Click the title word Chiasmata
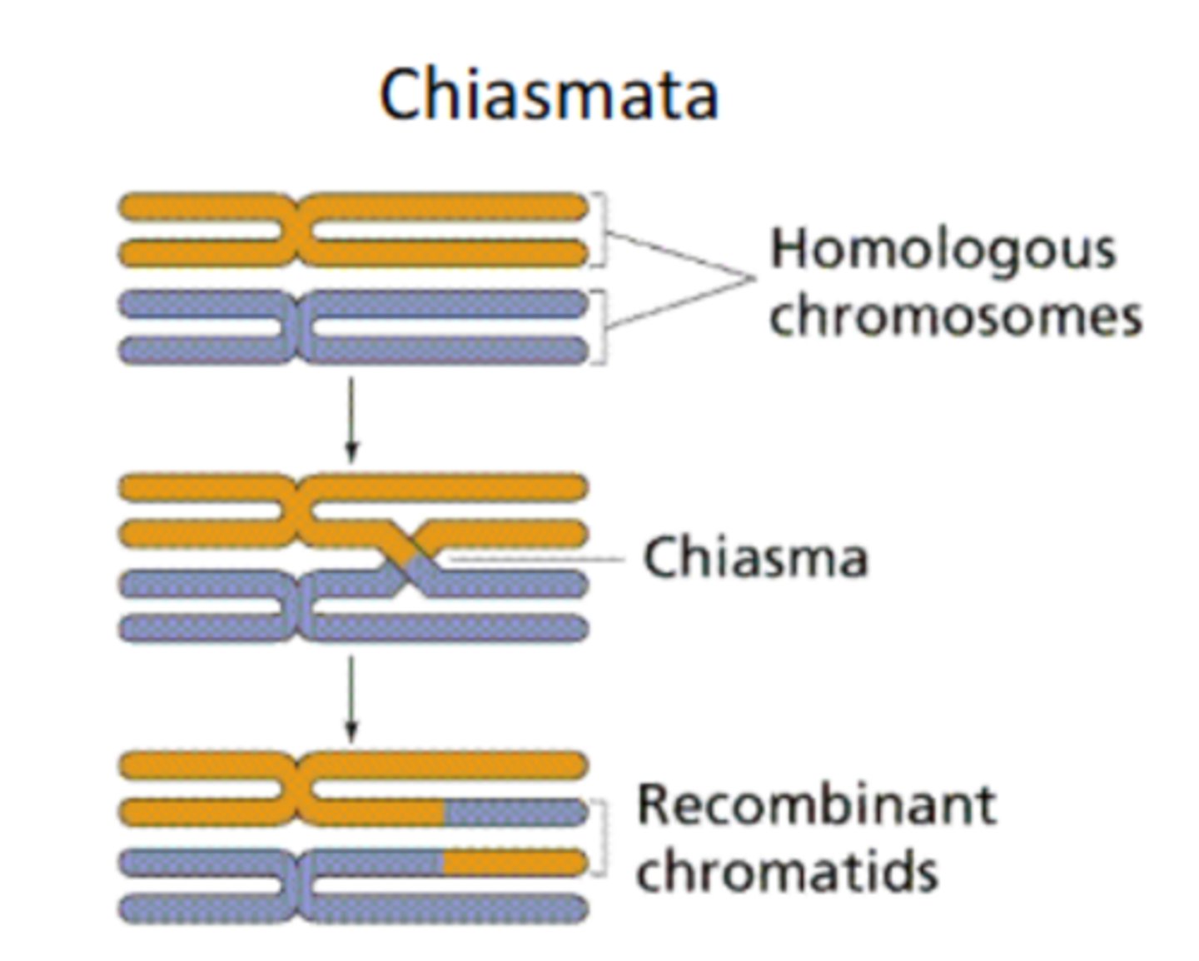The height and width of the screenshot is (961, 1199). (x=549, y=95)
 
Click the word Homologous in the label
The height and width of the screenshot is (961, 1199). (x=943, y=250)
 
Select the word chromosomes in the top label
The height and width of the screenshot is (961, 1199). (x=954, y=316)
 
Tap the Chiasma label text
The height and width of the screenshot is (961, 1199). (x=755, y=557)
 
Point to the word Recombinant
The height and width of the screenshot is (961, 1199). (x=816, y=805)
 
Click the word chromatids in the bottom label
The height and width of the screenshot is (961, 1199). (x=787, y=871)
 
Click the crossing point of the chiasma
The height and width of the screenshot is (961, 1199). (x=408, y=558)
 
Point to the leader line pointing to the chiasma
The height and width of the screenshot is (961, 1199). (x=533, y=559)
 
